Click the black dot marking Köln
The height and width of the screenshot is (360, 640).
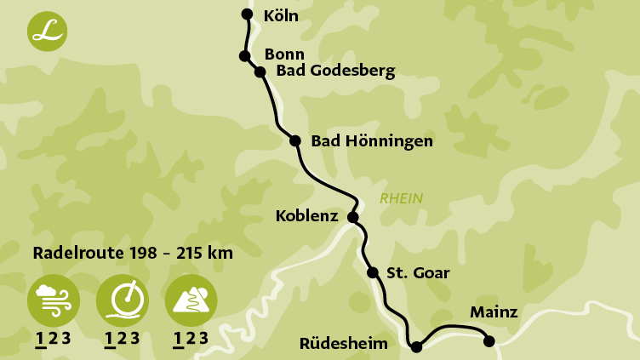tap(247, 14)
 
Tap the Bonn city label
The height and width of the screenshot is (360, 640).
tap(284, 54)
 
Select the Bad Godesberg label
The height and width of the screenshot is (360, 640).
tap(335, 71)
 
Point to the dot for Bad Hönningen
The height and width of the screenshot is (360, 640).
tap(295, 141)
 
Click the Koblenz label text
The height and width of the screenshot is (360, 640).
tap(306, 217)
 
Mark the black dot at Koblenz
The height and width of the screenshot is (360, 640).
tap(353, 217)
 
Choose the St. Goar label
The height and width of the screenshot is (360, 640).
tap(418, 273)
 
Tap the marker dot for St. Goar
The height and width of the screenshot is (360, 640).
tap(372, 272)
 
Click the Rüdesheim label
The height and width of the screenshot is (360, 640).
tap(344, 344)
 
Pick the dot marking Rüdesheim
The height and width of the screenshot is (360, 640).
tap(416, 346)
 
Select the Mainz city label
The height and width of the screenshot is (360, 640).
tap(494, 312)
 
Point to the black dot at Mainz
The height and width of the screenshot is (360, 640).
tap(489, 341)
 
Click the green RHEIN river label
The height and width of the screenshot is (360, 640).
tap(401, 199)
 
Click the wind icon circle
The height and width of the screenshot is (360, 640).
tap(54, 300)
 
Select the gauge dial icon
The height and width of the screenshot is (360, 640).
tap(122, 300)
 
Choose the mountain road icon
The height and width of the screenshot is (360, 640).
tap(191, 300)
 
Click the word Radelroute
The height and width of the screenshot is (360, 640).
tap(74, 253)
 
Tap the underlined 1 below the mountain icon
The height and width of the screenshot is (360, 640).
tap(178, 339)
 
